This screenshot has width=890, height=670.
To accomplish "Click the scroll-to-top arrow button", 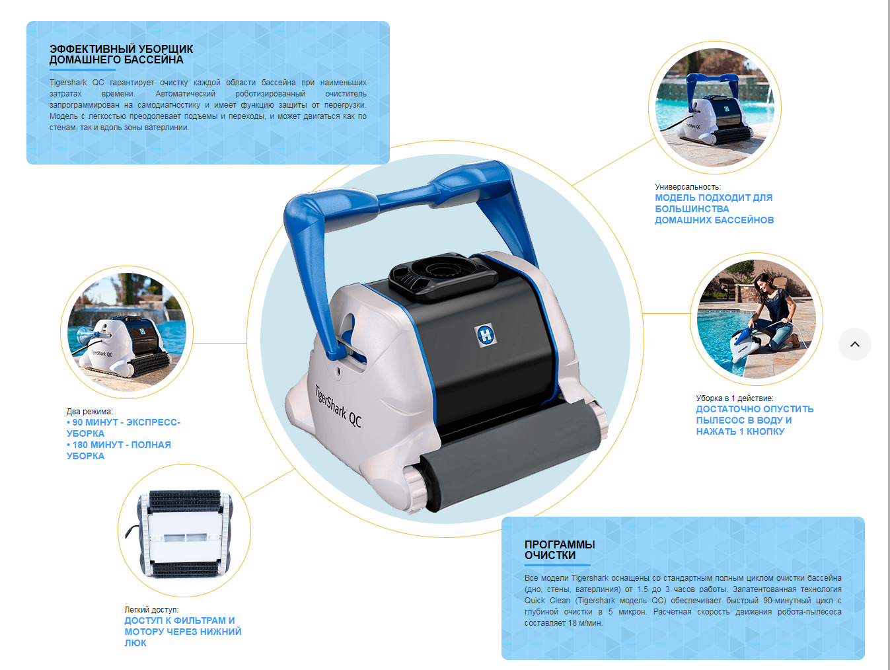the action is point(854,344).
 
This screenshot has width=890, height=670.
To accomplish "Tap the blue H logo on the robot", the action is point(486,334).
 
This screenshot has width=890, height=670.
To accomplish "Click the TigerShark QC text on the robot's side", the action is point(338,406).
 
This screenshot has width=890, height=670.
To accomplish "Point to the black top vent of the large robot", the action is point(443,277).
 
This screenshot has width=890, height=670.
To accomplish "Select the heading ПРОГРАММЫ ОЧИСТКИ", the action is point(560,550).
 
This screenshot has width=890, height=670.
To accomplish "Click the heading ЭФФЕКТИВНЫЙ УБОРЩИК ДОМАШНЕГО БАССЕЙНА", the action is point(121,54).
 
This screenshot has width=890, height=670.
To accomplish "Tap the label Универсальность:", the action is point(688,187).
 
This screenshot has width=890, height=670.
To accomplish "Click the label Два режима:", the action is point(90,412).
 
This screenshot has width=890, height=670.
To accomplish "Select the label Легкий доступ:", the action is point(151,610).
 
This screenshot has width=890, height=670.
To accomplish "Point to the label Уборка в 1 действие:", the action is point(735,398).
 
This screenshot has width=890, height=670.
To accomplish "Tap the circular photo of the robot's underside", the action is point(184,531).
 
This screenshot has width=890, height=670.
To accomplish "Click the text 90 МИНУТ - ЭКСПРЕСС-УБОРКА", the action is point(124,428).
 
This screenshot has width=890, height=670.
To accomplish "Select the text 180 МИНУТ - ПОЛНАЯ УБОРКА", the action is point(119,451).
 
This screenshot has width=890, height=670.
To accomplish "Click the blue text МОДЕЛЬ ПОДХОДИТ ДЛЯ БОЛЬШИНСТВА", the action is point(714,203).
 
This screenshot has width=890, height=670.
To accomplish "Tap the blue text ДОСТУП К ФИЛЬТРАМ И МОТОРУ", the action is point(180,626).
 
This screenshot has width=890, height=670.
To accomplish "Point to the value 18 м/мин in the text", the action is point(585,623).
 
